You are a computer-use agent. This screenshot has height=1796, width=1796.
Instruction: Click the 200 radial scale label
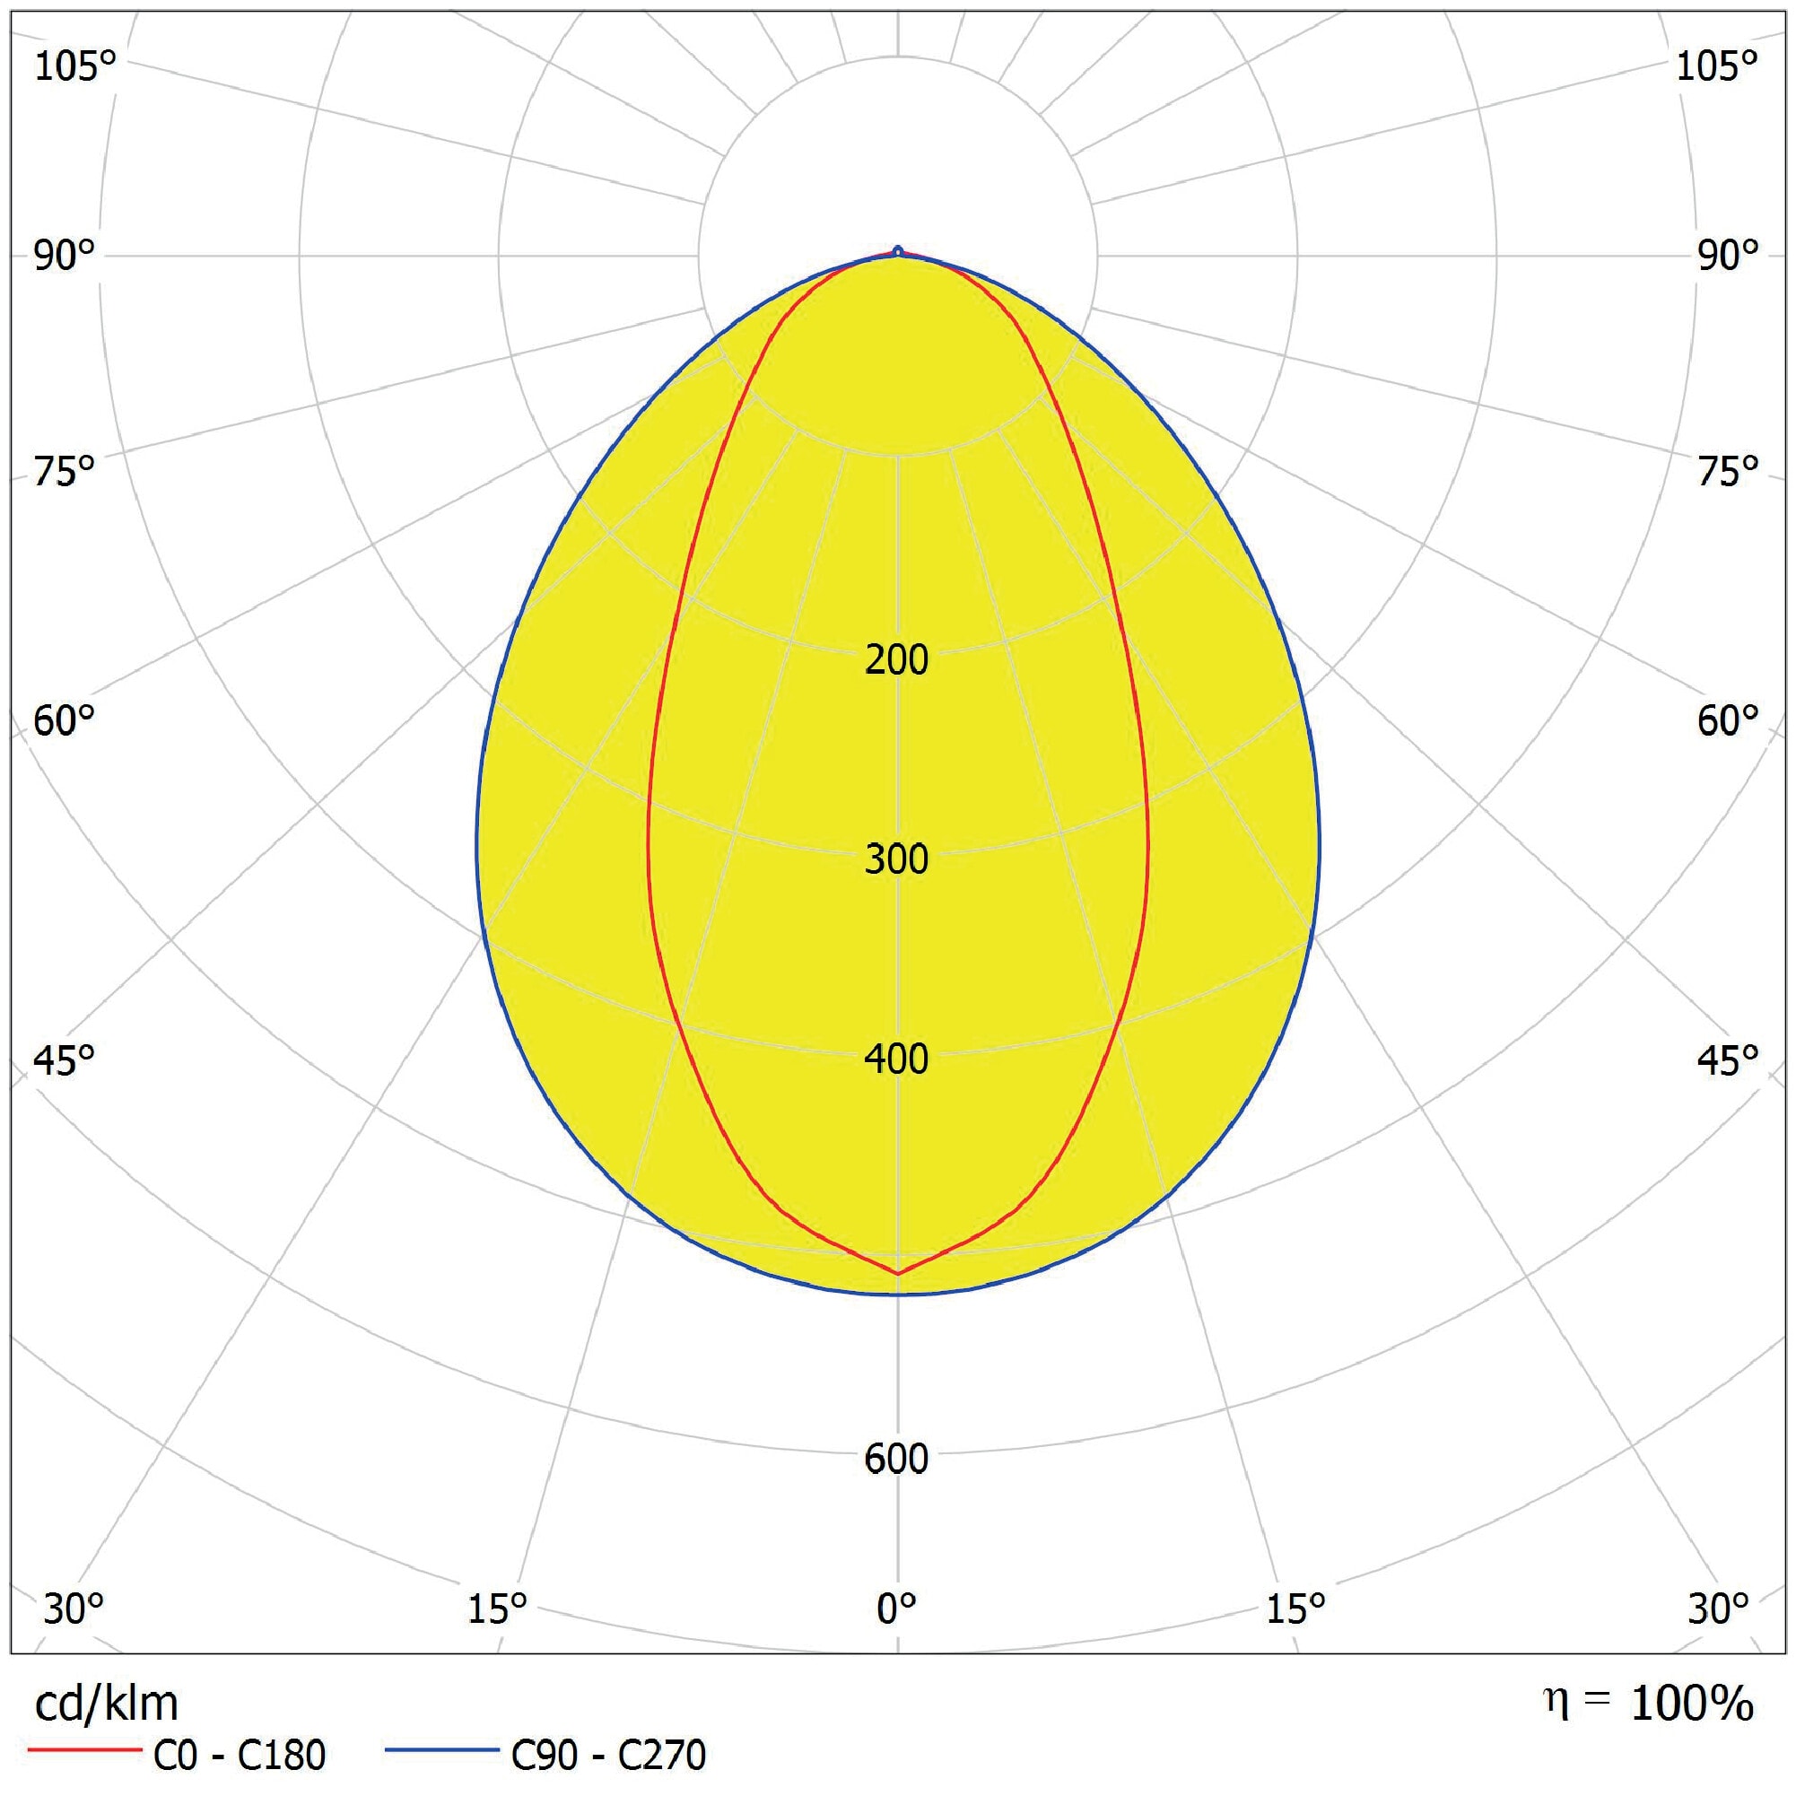(896, 660)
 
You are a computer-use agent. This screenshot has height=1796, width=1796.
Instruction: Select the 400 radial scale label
(896, 1059)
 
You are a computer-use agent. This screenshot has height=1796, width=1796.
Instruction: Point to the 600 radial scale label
(896, 1459)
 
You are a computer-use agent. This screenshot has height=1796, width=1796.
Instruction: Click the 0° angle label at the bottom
(896, 1609)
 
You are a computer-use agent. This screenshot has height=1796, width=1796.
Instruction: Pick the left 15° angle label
(496, 1609)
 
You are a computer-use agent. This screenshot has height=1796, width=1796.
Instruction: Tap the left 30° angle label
(73, 1609)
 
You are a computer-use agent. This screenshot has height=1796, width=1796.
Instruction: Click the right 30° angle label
(1718, 1609)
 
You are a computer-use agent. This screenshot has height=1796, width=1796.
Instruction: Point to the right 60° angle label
(1728, 720)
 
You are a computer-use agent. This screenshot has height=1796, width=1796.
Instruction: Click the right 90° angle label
(1728, 256)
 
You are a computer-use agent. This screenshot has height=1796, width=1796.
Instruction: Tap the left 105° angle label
(75, 67)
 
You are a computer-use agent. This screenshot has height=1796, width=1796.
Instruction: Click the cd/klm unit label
(106, 1704)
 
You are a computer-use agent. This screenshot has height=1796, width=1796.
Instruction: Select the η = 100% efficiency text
(1648, 1702)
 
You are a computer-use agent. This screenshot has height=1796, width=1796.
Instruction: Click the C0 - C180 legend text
(239, 1755)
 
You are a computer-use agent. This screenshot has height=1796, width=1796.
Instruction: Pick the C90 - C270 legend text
(608, 1755)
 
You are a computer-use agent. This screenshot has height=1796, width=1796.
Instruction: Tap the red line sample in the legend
(83, 1751)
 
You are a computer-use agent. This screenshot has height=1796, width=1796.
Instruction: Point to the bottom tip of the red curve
(898, 1274)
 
